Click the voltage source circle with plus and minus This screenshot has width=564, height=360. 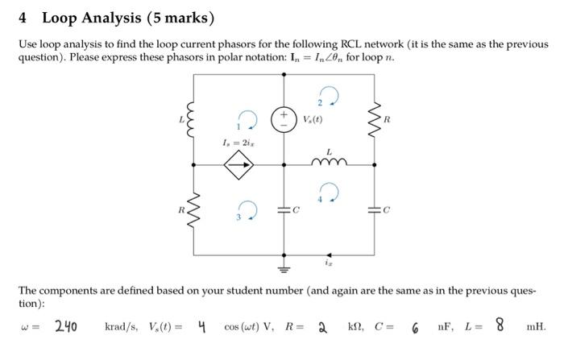(284, 118)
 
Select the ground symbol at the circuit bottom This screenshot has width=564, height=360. (284, 268)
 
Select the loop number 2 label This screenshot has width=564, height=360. (320, 102)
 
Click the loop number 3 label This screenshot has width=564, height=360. (238, 217)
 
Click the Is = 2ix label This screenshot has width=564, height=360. (238, 143)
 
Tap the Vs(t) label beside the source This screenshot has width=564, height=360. (312, 118)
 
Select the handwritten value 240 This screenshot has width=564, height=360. (66, 326)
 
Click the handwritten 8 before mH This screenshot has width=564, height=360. (500, 325)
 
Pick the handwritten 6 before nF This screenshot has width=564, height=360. (414, 328)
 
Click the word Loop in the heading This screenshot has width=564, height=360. (61, 17)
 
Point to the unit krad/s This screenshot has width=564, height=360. (121, 327)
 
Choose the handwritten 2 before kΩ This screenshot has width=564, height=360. (321, 327)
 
